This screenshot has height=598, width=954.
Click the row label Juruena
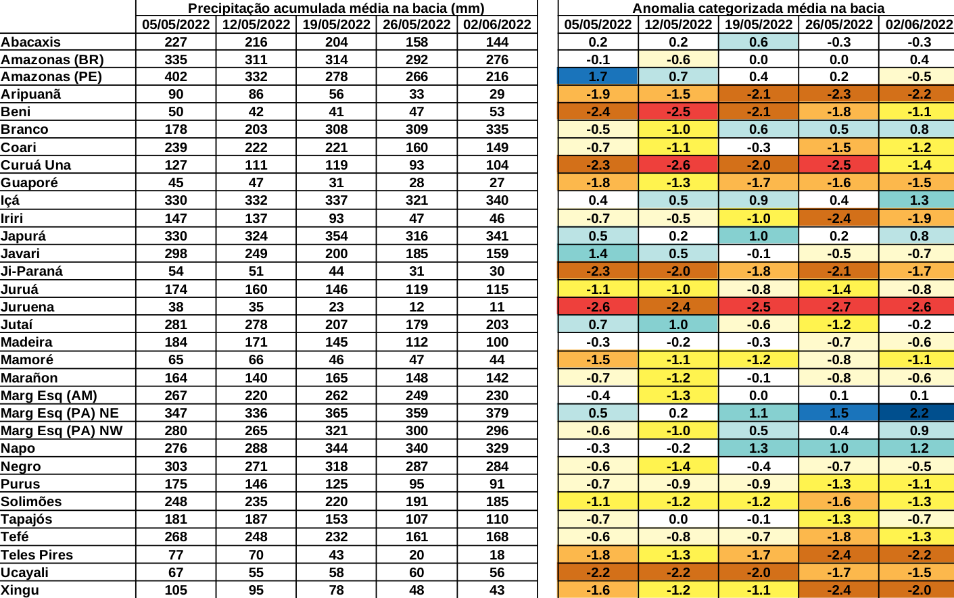click(x=28, y=307)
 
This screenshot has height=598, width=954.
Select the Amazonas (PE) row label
click(x=51, y=76)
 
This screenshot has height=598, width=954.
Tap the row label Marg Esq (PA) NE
click(x=59, y=413)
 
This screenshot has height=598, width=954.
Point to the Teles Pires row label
click(x=37, y=555)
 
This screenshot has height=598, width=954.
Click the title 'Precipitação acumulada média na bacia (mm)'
click(x=336, y=8)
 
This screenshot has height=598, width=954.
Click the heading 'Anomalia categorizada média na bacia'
click(x=758, y=8)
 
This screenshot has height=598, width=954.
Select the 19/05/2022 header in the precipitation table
click(x=336, y=24)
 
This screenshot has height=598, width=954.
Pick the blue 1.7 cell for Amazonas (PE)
click(x=598, y=76)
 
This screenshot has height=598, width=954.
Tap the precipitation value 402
click(x=176, y=76)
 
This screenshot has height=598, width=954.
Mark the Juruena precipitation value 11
click(x=497, y=307)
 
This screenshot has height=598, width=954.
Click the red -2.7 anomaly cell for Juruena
click(x=838, y=307)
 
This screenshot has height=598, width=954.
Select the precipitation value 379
click(x=497, y=413)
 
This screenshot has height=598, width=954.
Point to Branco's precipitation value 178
click(x=176, y=129)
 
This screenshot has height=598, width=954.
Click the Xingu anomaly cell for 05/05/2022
click(x=598, y=590)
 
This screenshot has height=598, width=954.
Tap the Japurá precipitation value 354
click(x=336, y=236)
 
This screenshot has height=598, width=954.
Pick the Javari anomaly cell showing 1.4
click(x=598, y=253)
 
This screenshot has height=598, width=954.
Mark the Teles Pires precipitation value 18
click(x=497, y=555)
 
